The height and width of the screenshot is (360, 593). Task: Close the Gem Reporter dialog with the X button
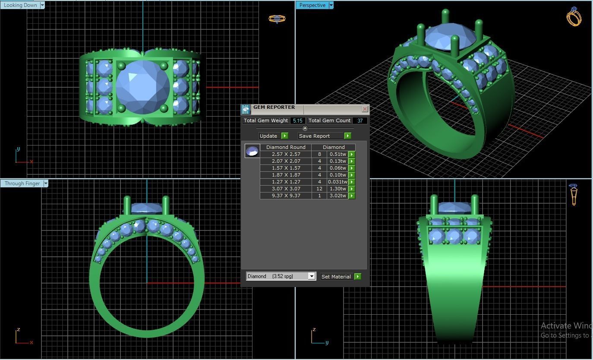click(365, 109)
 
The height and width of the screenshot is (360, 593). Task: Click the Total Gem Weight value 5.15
click(297, 121)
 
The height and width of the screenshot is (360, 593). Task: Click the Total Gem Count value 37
click(360, 121)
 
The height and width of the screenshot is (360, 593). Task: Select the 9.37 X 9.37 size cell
click(286, 196)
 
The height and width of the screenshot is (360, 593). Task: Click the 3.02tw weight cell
click(338, 196)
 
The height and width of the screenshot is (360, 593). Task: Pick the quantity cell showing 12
click(319, 189)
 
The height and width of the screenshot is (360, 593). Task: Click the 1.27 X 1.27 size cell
click(286, 182)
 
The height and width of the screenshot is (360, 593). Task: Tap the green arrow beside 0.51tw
click(352, 155)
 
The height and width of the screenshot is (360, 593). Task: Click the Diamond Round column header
click(286, 147)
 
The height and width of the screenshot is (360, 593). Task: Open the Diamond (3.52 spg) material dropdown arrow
click(312, 276)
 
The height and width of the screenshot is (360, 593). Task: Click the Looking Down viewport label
click(20, 5)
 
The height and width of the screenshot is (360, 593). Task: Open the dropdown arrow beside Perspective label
click(331, 5)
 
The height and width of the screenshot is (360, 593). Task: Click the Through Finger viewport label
click(22, 183)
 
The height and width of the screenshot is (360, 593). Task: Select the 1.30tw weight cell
click(338, 189)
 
